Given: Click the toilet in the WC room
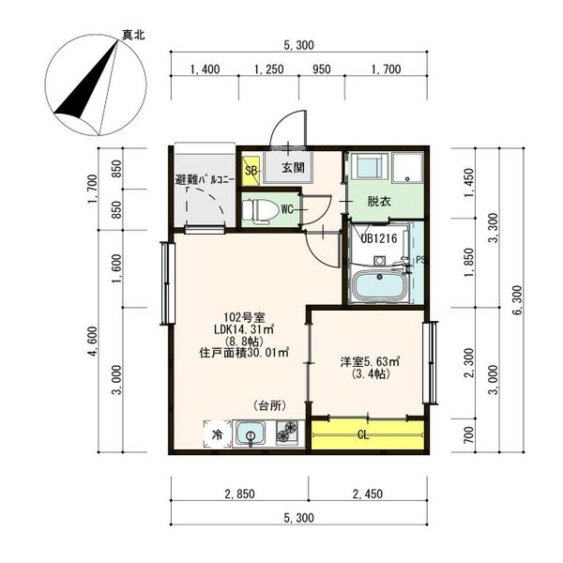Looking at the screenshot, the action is [x=260, y=210].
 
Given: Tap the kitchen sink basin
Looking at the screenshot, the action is [x=251, y=434].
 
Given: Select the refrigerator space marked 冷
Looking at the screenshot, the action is [x=218, y=434].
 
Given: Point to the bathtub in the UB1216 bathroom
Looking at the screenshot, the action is [x=377, y=285].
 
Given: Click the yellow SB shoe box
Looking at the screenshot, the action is [x=251, y=169].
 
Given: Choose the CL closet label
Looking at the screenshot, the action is [x=363, y=435].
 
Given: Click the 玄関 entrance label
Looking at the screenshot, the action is [x=293, y=167].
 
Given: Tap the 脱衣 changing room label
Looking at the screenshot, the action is [x=379, y=202].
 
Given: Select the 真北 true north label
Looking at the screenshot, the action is [x=133, y=35].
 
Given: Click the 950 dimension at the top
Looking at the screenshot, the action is [x=321, y=69].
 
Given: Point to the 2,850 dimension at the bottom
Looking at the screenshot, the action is [x=239, y=494].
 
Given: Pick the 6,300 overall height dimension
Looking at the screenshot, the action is [x=517, y=300].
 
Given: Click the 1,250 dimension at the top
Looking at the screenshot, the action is [x=269, y=69].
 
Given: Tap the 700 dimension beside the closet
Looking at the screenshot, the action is [x=469, y=435].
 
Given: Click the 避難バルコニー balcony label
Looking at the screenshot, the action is [x=205, y=179].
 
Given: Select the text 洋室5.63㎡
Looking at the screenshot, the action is [x=370, y=361].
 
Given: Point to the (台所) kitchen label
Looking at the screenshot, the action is [x=269, y=405].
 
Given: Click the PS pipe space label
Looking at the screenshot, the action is [x=420, y=260].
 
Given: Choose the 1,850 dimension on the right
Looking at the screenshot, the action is [x=469, y=263].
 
